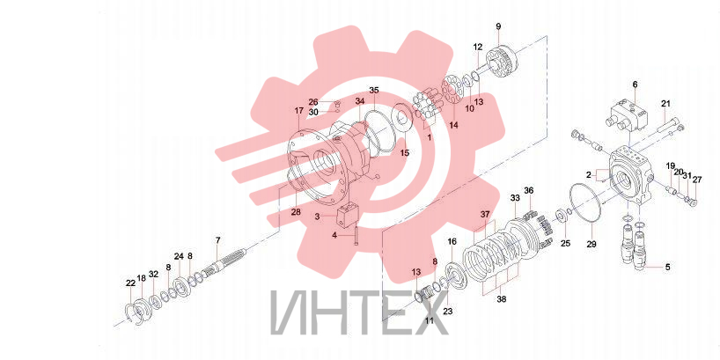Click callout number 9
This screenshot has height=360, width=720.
pos(499,26)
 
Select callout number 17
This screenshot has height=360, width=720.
pos(299,111)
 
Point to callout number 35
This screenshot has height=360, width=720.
pos(374,91)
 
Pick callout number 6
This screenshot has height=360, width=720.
pos(635,84)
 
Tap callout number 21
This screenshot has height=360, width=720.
pos(666,104)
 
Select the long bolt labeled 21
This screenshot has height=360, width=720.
pos(670,125)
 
